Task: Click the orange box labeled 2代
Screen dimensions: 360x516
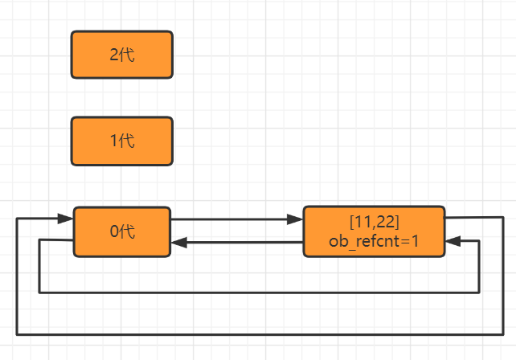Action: pyautogui.click(x=122, y=55)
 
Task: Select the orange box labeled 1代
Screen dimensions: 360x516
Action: pyautogui.click(x=122, y=141)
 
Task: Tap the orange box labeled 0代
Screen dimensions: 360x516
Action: pyautogui.click(x=122, y=231)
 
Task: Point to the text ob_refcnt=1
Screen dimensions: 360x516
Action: pyautogui.click(x=374, y=240)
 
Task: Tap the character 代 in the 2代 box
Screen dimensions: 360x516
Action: pyautogui.click(x=127, y=55)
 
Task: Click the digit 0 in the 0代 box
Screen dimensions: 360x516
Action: pyautogui.click(x=114, y=231)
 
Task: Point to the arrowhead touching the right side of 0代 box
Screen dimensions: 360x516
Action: pyautogui.click(x=178, y=242)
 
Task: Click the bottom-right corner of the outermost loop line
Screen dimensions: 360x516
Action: pyautogui.click(x=503, y=333)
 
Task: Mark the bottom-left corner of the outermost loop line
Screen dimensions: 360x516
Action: pyautogui.click(x=17, y=333)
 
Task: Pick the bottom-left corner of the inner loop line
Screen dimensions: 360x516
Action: pyautogui.click(x=39, y=292)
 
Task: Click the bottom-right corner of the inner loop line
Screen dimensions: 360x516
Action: pyautogui.click(x=480, y=292)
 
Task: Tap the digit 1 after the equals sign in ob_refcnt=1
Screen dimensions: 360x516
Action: pyautogui.click(x=415, y=240)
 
